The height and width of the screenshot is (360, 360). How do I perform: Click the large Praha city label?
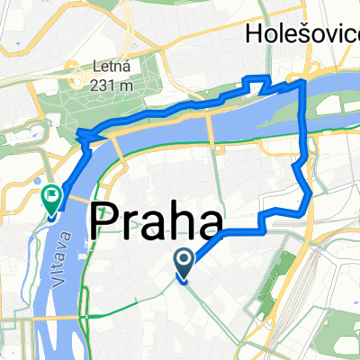pyautogui.click(x=157, y=220)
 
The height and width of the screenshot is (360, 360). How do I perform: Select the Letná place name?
pyautogui.click(x=112, y=67)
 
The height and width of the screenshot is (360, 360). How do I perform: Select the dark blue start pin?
pyautogui.click(x=184, y=263)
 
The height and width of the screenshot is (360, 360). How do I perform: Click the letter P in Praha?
pyautogui.click(x=106, y=220)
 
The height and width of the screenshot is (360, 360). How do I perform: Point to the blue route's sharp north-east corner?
pyautogui.click(x=304, y=82)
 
